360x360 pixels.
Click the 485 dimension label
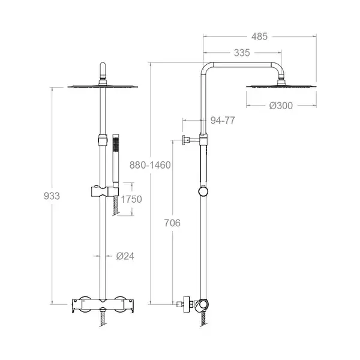[259, 37]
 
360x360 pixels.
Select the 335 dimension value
[242, 53]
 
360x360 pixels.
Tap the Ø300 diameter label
[281, 106]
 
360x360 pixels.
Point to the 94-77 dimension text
[223, 121]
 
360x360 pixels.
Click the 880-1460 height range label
[150, 165]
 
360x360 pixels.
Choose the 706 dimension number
[172, 223]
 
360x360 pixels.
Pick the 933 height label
[52, 196]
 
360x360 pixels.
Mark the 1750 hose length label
[131, 199]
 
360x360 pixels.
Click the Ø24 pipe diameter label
[125, 256]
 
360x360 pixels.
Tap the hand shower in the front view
[116, 161]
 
